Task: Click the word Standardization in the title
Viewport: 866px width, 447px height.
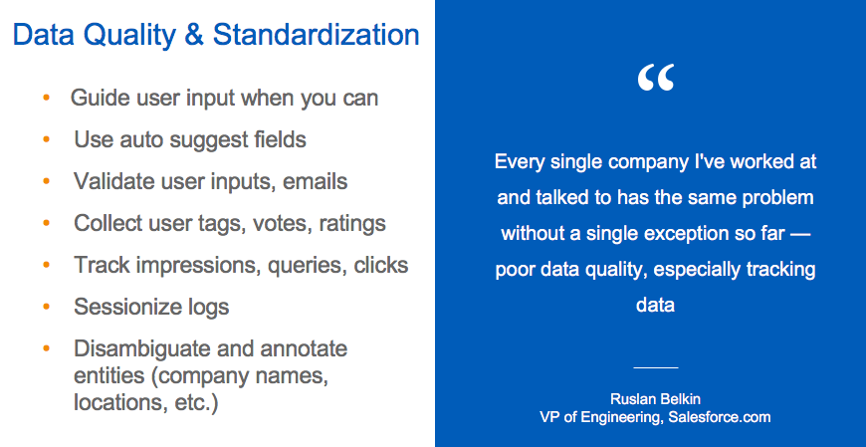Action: click(316, 36)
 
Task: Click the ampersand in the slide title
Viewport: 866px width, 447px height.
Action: click(193, 36)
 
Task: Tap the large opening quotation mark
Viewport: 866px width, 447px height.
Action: click(655, 80)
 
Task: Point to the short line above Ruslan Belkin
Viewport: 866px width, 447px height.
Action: click(655, 368)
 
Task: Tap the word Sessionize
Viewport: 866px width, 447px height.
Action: click(123, 308)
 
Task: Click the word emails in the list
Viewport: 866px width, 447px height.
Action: click(315, 182)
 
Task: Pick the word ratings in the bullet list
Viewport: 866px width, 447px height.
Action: click(352, 224)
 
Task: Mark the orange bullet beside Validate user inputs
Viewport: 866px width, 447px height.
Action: click(47, 182)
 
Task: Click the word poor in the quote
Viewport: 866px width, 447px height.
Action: click(516, 269)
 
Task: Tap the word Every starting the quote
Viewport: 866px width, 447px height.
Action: click(519, 161)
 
